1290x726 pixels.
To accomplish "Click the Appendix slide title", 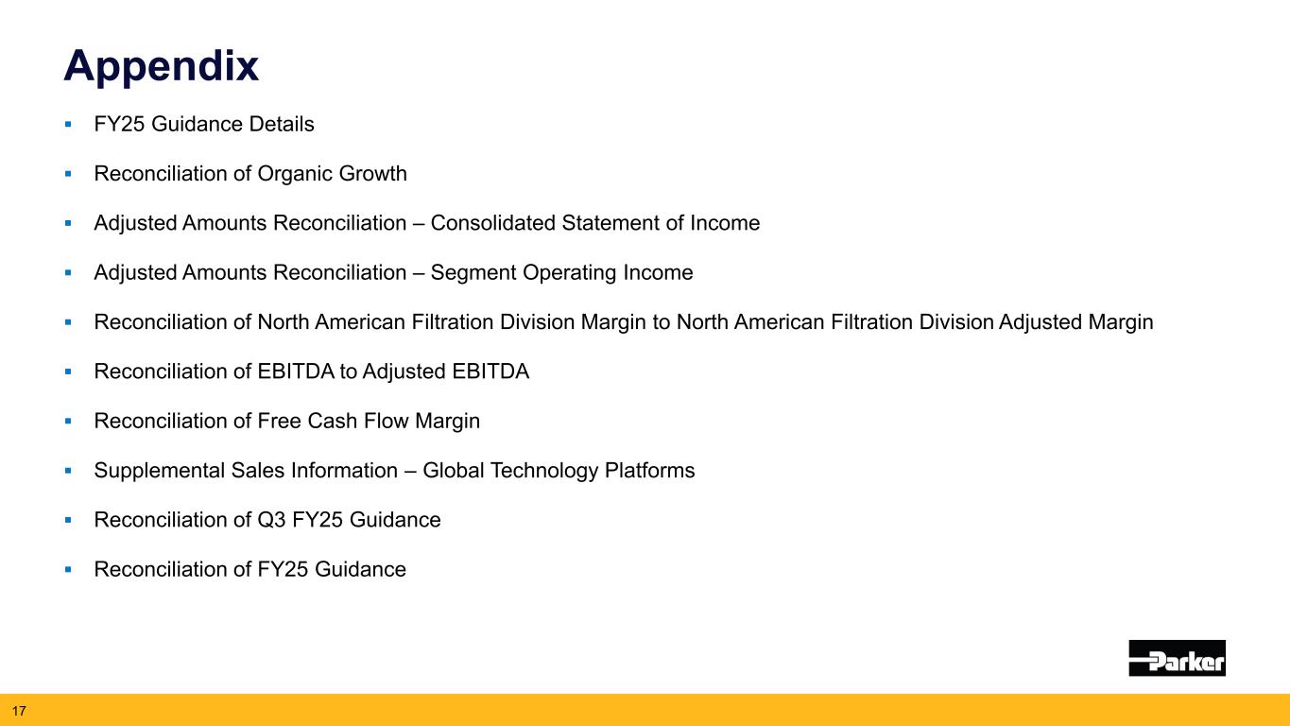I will click(x=161, y=66).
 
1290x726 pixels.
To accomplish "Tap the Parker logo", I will click(x=1177, y=658).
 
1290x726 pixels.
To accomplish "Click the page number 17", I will click(x=18, y=709).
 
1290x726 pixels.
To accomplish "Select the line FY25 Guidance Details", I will click(x=204, y=124).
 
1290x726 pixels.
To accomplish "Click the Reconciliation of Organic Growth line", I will click(x=250, y=174).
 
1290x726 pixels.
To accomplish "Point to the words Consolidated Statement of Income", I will click(x=595, y=223).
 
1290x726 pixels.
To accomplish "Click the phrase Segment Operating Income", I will click(x=561, y=273).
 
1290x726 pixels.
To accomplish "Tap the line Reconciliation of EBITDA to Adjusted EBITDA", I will click(x=312, y=372).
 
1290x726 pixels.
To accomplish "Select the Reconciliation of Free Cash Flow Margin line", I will click(x=287, y=421).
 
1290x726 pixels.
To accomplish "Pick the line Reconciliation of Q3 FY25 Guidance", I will click(x=267, y=520).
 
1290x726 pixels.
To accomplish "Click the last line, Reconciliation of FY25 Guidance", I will click(x=250, y=569).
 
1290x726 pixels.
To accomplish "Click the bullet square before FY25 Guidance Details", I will click(x=69, y=124).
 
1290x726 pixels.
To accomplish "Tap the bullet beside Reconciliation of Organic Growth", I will click(x=69, y=174).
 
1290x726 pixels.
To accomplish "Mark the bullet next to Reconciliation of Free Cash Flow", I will click(x=69, y=421).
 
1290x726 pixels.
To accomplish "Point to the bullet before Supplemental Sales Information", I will click(x=69, y=471).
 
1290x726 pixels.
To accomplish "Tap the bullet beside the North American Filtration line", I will click(x=69, y=322).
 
